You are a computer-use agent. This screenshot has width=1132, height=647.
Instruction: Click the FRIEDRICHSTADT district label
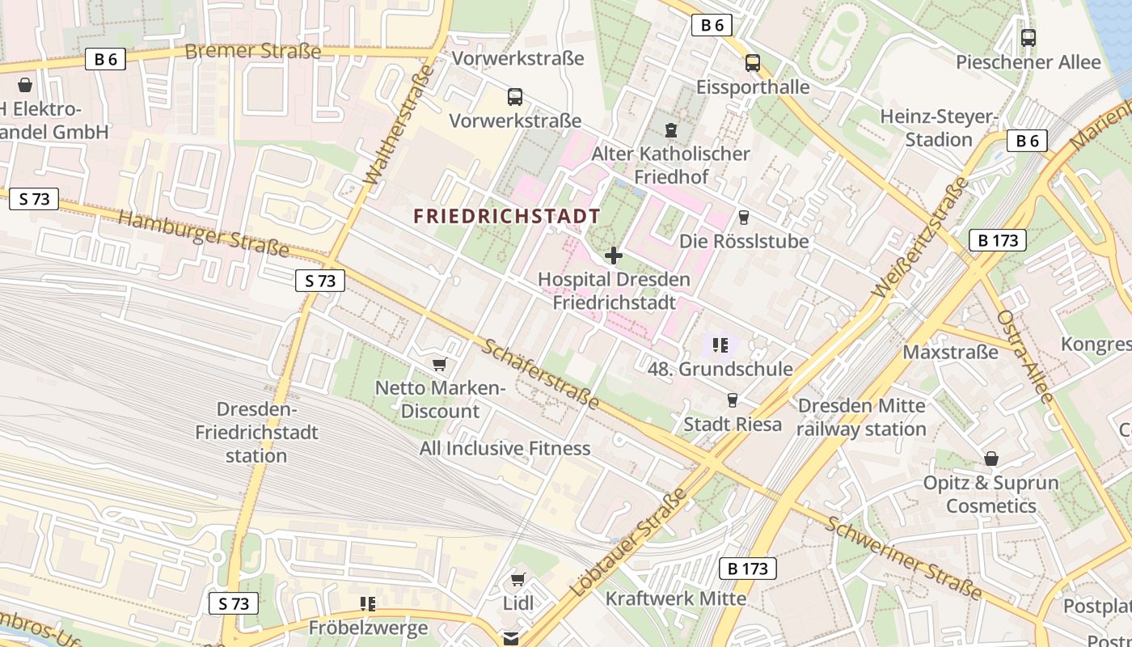tap(507, 216)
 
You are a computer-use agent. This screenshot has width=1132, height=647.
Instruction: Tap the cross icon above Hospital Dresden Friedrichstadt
tap(614, 256)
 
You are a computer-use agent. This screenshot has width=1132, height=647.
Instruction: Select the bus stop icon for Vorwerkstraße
tap(515, 97)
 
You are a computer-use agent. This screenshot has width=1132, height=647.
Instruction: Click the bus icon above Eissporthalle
tap(753, 63)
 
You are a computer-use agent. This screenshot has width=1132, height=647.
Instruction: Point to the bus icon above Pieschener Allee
tap(1029, 38)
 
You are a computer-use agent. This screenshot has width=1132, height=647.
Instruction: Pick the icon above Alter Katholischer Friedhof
tap(670, 129)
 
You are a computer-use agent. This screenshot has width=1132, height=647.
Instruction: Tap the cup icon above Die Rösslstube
tap(744, 218)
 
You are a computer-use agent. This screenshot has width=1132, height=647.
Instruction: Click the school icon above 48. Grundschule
tap(720, 346)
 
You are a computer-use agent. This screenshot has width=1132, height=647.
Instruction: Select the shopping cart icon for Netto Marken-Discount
tap(439, 365)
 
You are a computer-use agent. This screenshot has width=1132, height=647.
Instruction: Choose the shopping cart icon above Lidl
tap(518, 580)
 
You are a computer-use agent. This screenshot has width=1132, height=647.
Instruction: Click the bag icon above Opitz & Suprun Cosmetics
tap(991, 459)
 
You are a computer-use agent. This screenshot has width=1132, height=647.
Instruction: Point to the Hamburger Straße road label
tap(204, 234)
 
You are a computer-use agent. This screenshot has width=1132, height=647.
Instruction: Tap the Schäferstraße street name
tap(541, 374)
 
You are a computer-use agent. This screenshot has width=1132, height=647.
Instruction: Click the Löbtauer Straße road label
tap(628, 543)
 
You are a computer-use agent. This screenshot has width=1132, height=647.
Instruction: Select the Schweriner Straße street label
tap(903, 558)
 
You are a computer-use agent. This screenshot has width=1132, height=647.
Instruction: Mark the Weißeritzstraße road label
tap(920, 237)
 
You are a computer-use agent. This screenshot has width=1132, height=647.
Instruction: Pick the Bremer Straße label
tap(252, 52)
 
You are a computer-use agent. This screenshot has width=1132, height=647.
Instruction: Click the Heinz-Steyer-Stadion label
tap(939, 128)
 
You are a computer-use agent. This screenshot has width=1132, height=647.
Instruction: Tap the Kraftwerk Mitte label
tap(676, 598)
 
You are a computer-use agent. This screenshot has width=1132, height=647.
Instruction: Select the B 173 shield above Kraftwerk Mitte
tap(748, 569)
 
